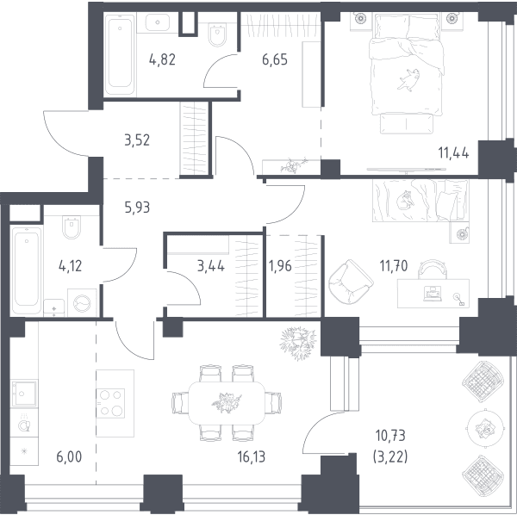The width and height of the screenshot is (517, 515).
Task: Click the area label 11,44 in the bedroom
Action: point(453,153)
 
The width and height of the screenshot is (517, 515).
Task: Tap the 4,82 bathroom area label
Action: point(162,60)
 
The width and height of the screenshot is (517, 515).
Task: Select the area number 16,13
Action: point(252,457)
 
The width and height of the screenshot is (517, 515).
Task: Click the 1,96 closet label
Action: point(280,265)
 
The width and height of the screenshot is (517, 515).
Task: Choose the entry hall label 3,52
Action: point(137,140)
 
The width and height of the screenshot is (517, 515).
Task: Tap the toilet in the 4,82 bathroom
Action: point(218,34)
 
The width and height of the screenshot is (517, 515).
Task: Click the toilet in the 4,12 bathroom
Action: point(72,227)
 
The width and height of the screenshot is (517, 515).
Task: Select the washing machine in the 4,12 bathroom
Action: point(82,302)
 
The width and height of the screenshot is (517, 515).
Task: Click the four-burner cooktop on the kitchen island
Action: point(110,403)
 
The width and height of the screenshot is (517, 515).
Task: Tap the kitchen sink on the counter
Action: point(24,394)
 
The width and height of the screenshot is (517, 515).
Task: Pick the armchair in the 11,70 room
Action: point(351,282)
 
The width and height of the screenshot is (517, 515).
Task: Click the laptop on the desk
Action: point(431,294)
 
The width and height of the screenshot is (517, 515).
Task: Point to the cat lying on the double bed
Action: point(408,79)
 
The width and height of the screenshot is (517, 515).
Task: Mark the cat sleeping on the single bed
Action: point(404,201)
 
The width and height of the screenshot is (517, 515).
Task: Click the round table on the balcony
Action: point(485,428)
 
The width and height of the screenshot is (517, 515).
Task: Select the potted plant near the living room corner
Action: point(298,344)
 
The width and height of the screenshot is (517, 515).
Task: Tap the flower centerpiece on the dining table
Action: point(227,402)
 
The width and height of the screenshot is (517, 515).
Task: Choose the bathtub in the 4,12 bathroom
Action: point(27,270)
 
